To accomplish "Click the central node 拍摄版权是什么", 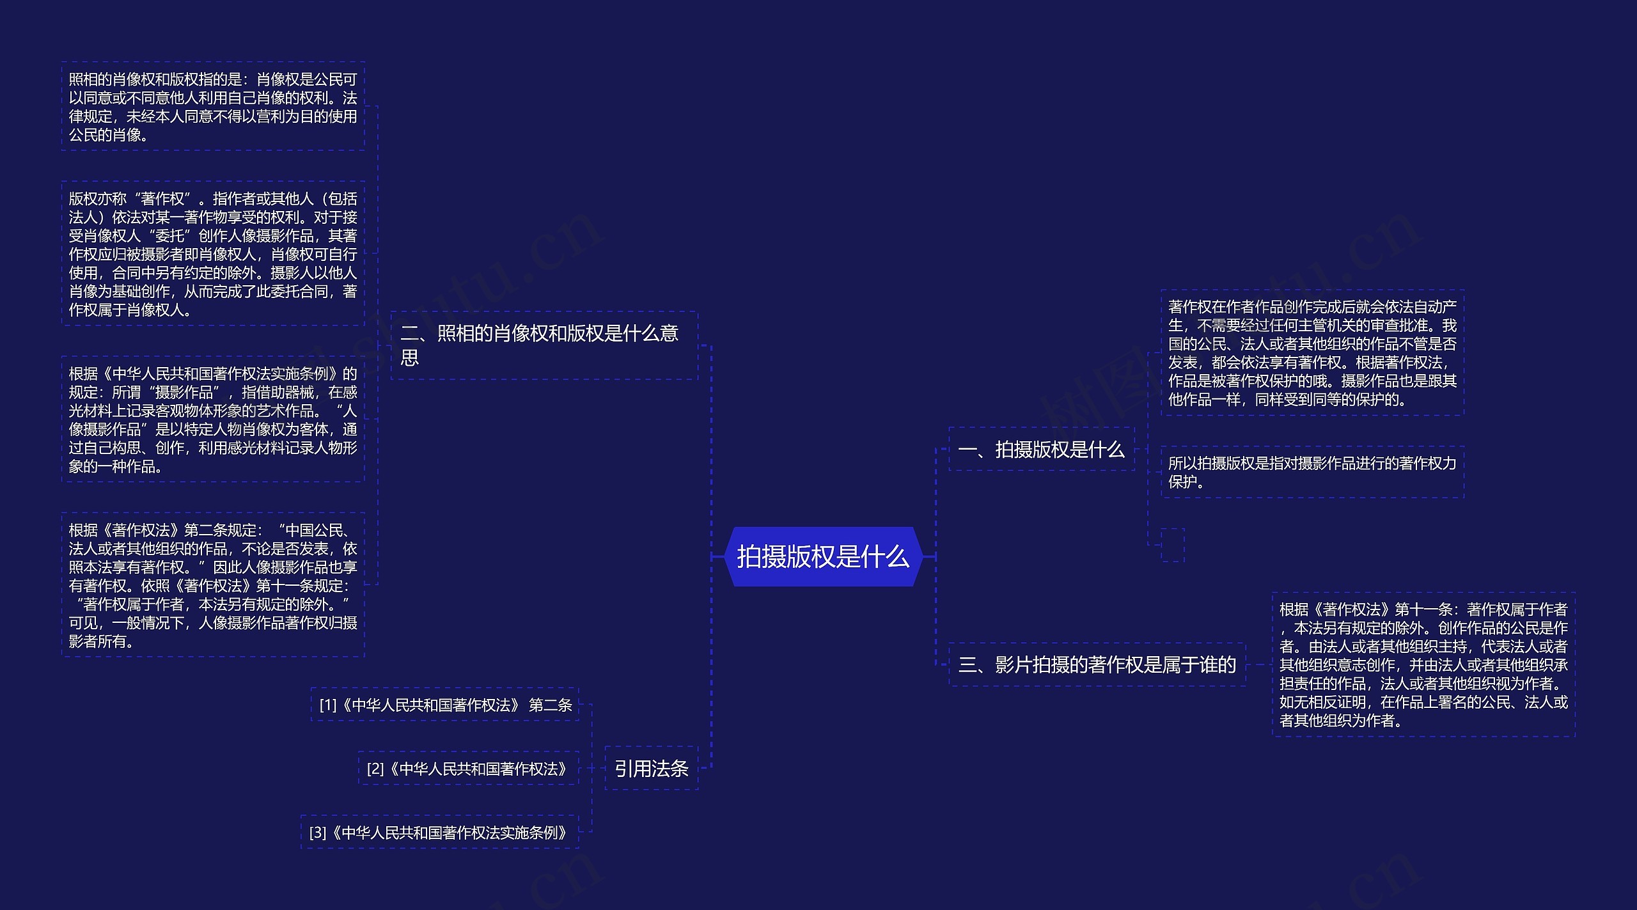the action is point(823,556).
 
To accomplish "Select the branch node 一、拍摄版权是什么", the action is point(1041,450).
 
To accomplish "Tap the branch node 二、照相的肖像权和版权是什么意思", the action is point(544,345).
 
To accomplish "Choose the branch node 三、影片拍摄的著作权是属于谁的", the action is point(1097,665).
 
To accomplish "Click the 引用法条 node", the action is point(651,768).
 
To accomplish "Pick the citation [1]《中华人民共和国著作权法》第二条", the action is point(445,705).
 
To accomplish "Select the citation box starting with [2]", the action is point(467,768).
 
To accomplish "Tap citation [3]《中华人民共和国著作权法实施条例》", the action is point(439,832).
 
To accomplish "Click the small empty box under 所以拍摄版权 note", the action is point(1172,545).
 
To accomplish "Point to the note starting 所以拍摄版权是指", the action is point(1312,472).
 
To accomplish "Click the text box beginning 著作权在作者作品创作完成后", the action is point(1312,353).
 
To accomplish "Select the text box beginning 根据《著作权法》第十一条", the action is point(1423,665).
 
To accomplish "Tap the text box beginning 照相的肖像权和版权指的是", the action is point(213,107).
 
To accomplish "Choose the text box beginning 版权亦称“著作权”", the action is point(213,254).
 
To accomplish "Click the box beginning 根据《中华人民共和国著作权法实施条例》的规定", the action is point(213,420).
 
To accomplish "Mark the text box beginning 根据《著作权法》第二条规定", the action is point(213,585).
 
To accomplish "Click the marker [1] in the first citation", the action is point(327,705).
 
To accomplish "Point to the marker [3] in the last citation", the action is point(317,833).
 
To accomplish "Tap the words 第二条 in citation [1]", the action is point(551,705).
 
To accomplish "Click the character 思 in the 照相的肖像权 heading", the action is point(409,358).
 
